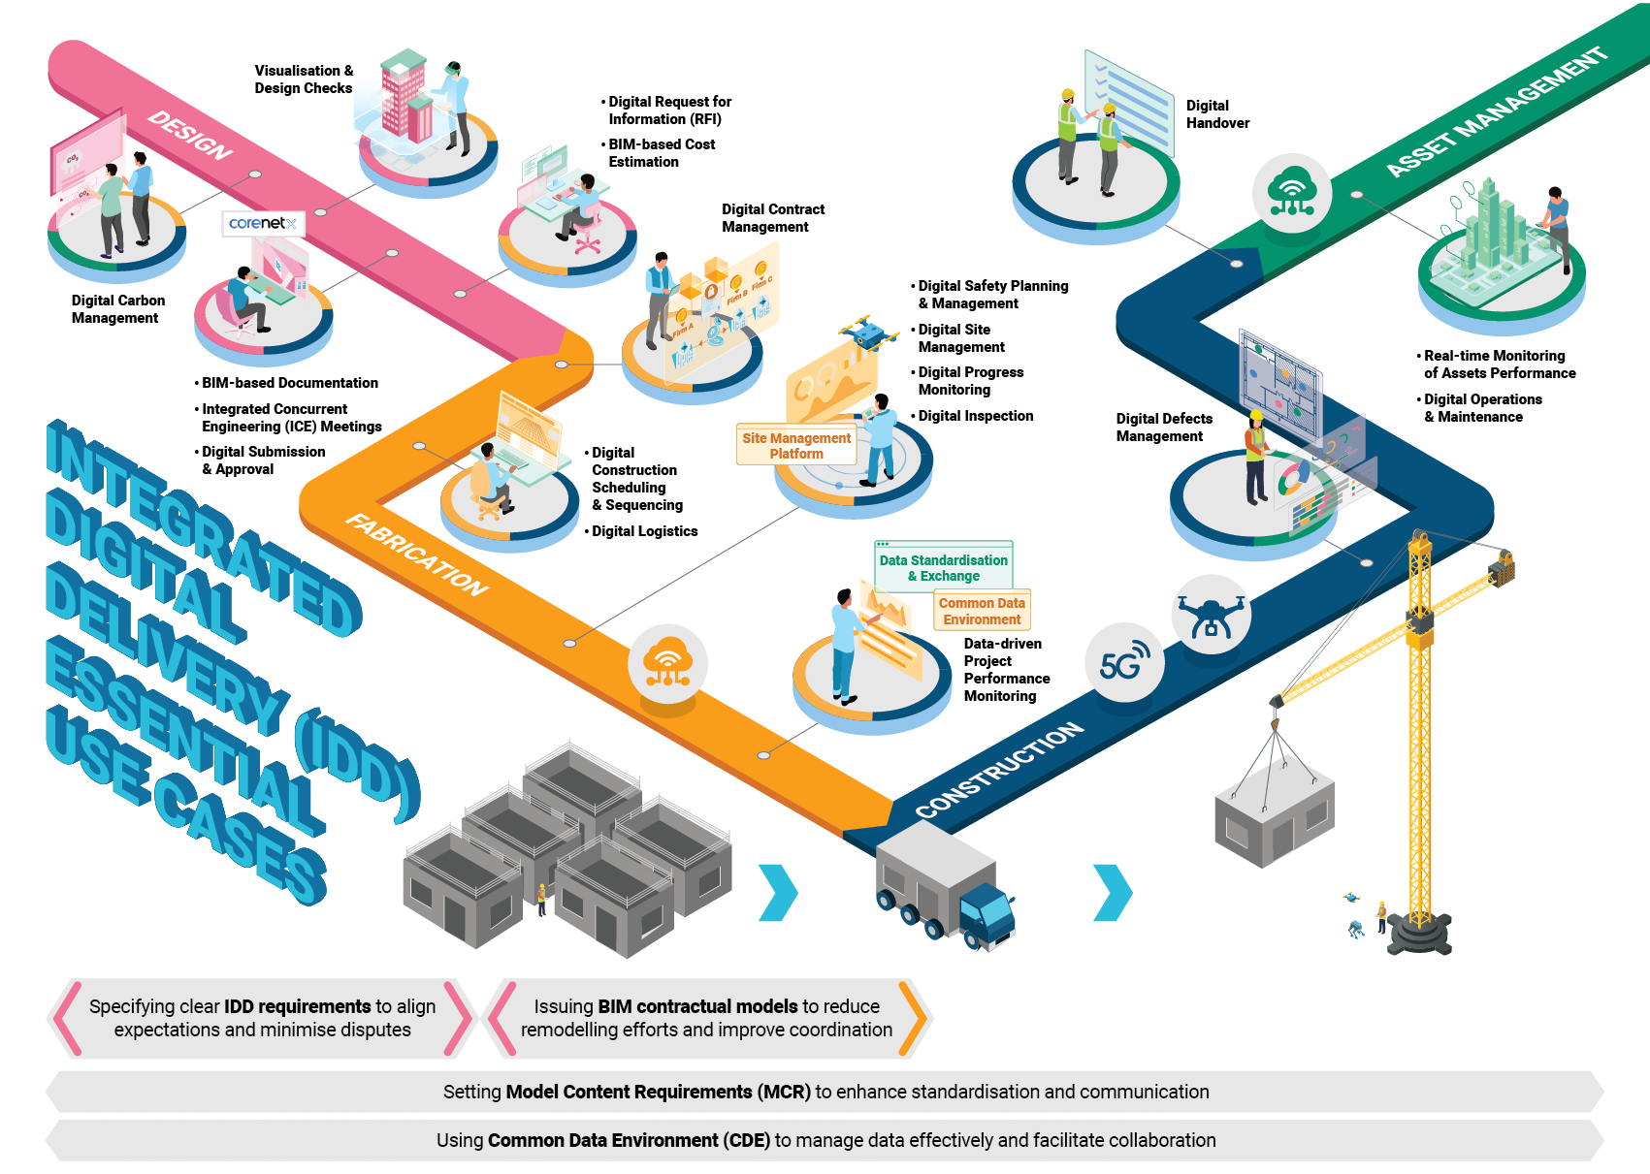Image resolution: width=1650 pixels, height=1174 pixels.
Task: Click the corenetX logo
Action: coord(263,223)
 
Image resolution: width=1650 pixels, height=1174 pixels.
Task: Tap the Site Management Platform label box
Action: coord(796,446)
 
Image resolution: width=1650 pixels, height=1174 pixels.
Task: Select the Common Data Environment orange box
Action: coord(982,612)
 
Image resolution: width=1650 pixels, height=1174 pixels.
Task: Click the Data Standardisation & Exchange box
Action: coord(943,568)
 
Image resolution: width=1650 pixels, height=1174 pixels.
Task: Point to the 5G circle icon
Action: coord(1124,664)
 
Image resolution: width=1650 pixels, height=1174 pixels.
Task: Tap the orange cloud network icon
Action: coord(667,664)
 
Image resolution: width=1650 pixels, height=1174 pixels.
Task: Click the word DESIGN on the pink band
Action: coord(190,136)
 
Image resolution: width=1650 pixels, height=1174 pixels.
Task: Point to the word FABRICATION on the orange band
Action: coord(417,555)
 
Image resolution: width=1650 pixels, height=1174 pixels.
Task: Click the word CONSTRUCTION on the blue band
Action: coord(999,771)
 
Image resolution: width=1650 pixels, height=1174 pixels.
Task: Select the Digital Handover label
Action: coord(1217,114)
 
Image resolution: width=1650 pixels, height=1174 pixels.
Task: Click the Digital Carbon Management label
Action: coord(117,309)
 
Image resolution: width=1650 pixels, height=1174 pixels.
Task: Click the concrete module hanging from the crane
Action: coord(1275,816)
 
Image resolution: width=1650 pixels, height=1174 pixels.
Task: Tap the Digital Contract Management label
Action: coord(773,218)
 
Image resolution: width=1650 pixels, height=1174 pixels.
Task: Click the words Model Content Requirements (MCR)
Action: coord(658,1093)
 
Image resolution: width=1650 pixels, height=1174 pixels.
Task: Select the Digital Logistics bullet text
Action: coord(644,531)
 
